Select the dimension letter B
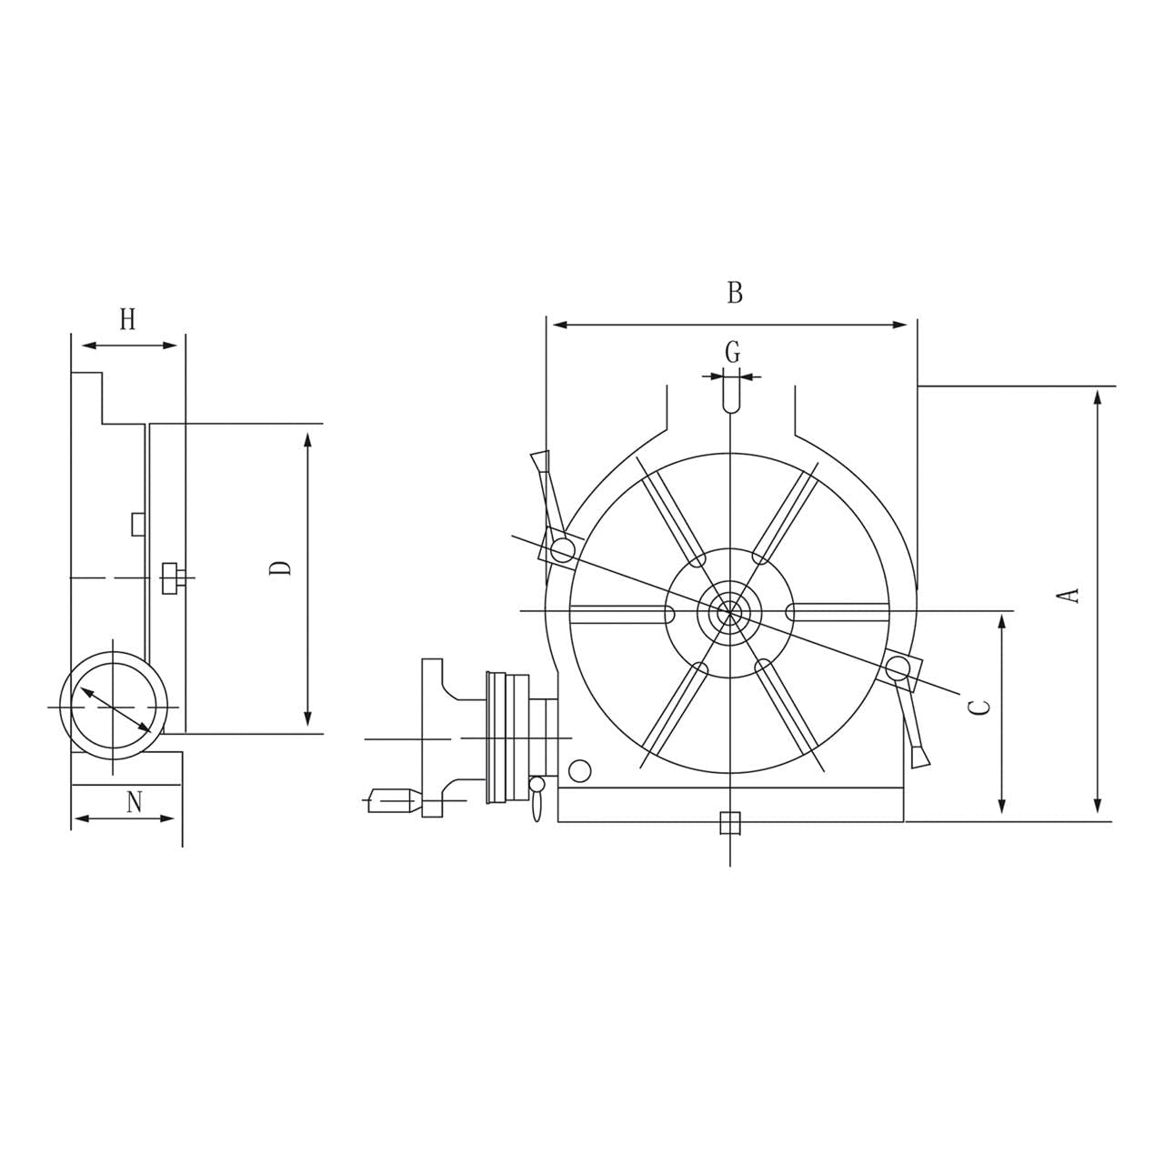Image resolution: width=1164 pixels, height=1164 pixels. (735, 293)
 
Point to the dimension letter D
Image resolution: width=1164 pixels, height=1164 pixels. (282, 567)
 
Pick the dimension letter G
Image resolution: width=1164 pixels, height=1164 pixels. (732, 351)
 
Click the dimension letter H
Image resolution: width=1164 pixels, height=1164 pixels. (127, 319)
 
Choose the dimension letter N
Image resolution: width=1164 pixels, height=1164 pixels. (135, 802)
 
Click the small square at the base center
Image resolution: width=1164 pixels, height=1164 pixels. (729, 823)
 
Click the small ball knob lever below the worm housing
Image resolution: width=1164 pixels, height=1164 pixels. (537, 796)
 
